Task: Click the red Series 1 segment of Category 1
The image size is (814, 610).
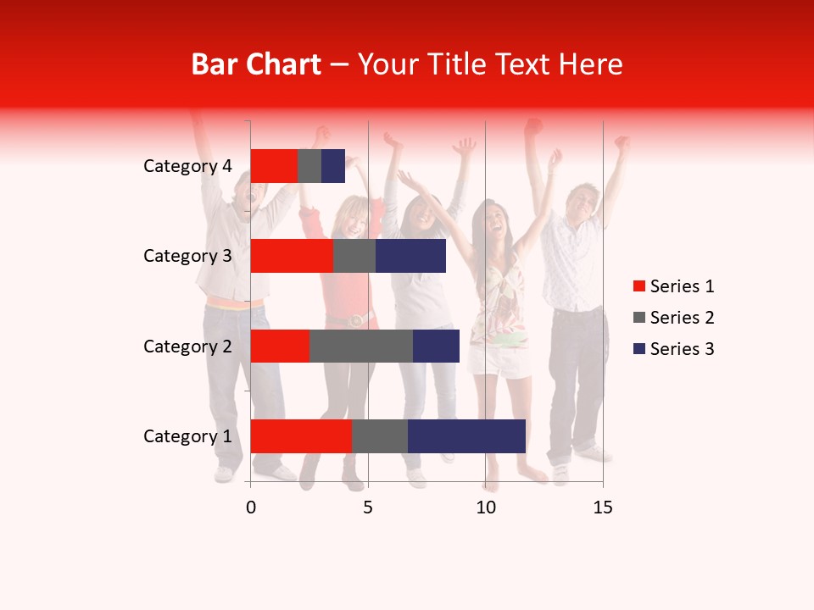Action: pyautogui.click(x=300, y=436)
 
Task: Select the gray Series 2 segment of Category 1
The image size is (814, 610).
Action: pyautogui.click(x=379, y=436)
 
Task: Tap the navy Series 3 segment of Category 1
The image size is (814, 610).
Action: pyautogui.click(x=466, y=436)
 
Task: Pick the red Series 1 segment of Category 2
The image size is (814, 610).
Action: pyautogui.click(x=280, y=346)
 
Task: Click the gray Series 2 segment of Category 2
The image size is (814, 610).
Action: pyautogui.click(x=361, y=346)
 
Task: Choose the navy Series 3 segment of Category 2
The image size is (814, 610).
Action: pyautogui.click(x=436, y=346)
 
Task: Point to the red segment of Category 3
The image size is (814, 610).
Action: pyautogui.click(x=292, y=256)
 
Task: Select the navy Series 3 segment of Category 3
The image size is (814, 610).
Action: pyautogui.click(x=410, y=256)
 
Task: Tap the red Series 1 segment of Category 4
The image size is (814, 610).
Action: pyautogui.click(x=274, y=166)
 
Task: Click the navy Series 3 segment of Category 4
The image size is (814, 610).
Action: pyautogui.click(x=333, y=166)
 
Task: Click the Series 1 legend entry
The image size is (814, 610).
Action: pyautogui.click(x=673, y=286)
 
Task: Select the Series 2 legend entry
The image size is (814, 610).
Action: pyautogui.click(x=673, y=318)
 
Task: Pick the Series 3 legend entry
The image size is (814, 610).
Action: pyautogui.click(x=673, y=349)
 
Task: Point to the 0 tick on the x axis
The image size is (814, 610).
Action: pyautogui.click(x=251, y=507)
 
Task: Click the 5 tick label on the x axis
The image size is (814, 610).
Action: pyautogui.click(x=368, y=507)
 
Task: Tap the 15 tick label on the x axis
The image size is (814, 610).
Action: pyautogui.click(x=603, y=507)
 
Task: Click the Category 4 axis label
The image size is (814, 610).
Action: pyautogui.click(x=187, y=166)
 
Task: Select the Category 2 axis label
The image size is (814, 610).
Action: pyautogui.click(x=187, y=346)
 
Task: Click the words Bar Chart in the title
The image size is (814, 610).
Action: pyautogui.click(x=256, y=64)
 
